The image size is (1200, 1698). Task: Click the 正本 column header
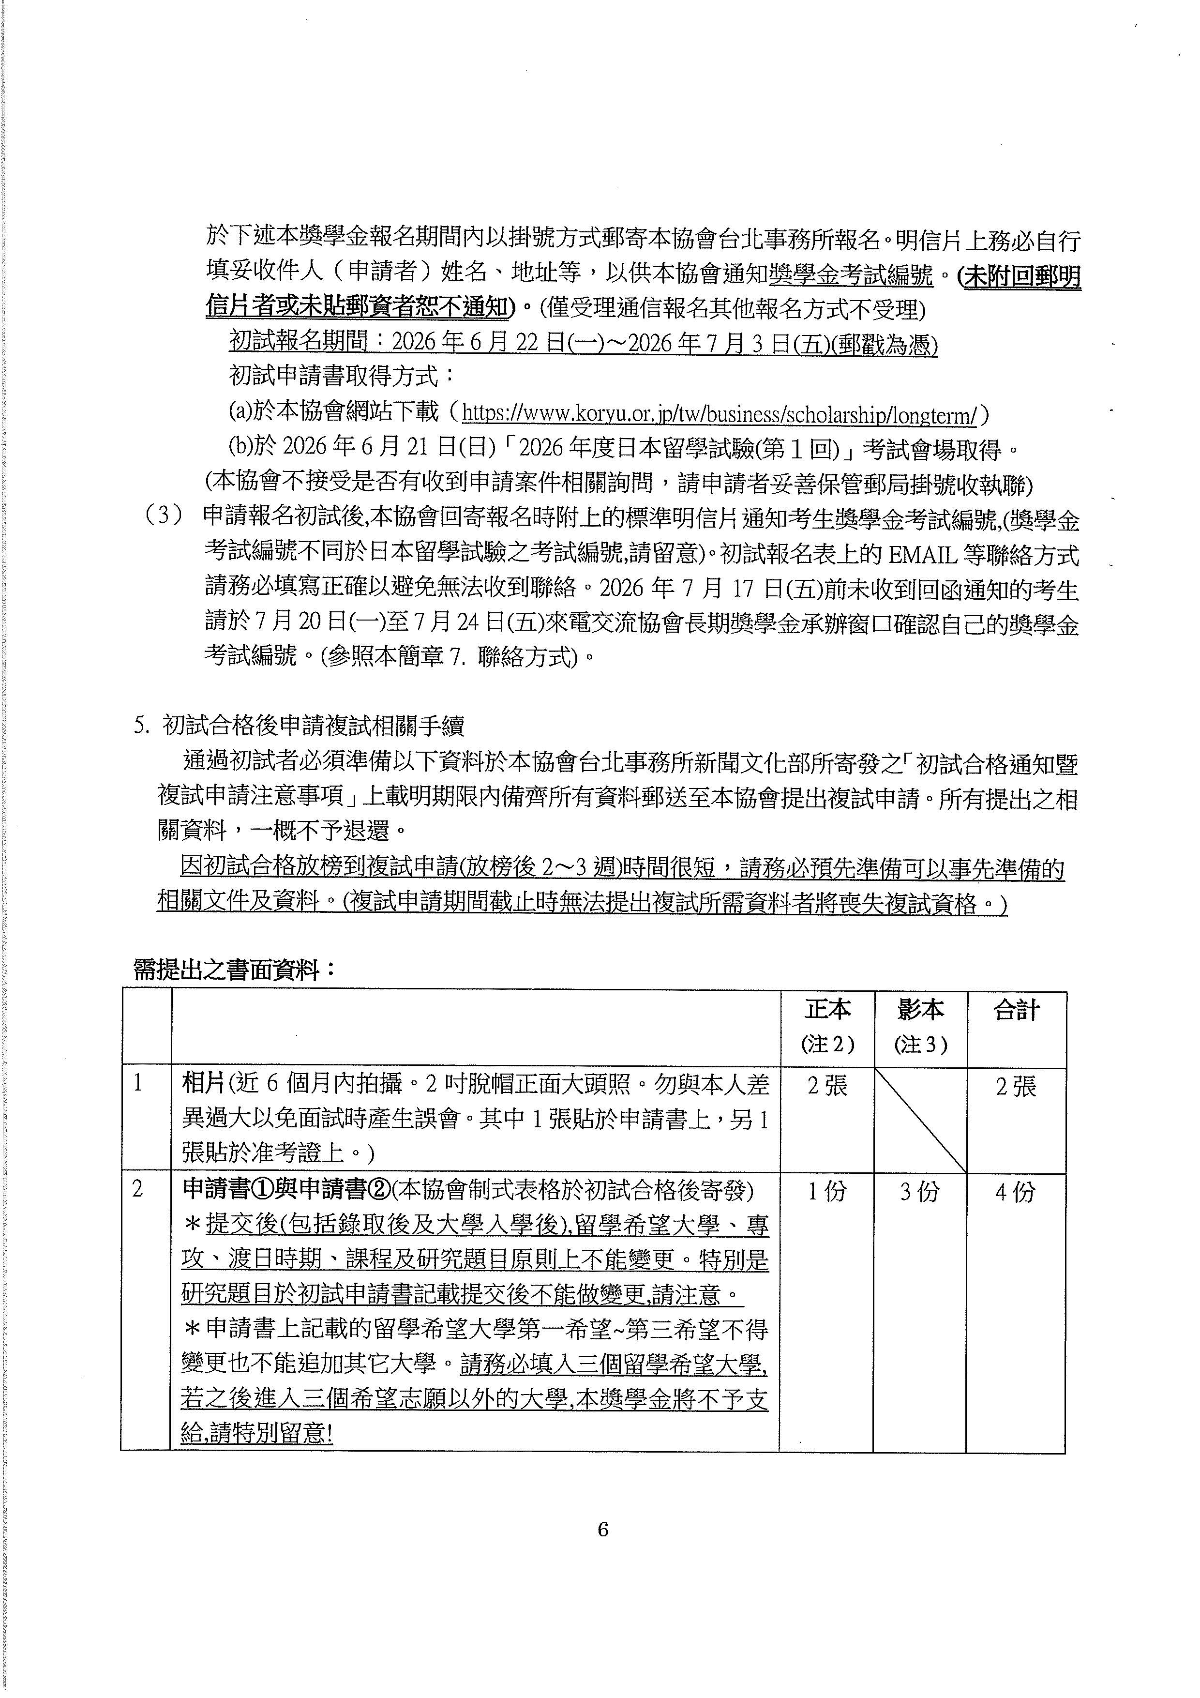(827, 1010)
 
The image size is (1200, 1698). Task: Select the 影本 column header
(920, 1010)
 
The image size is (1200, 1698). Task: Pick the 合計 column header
(1017, 1010)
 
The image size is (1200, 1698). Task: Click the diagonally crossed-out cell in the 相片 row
(920, 1120)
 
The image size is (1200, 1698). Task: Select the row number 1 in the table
(137, 1085)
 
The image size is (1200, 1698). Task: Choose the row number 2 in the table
(137, 1190)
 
